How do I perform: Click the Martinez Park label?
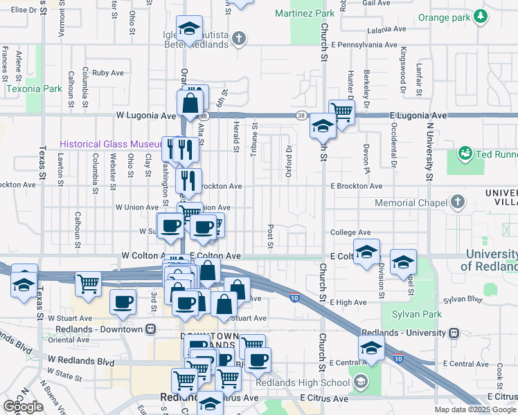(x=304, y=13)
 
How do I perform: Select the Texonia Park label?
(x=34, y=89)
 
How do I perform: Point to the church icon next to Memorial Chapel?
(x=456, y=203)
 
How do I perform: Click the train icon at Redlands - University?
(x=454, y=333)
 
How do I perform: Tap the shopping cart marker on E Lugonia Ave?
(x=341, y=111)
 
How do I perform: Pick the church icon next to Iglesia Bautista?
(x=239, y=39)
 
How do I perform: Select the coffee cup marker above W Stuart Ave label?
(x=123, y=302)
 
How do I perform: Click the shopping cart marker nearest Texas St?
(x=89, y=283)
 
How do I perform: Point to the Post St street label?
(x=269, y=235)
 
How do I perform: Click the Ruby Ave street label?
(x=107, y=73)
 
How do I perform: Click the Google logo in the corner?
(x=23, y=407)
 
